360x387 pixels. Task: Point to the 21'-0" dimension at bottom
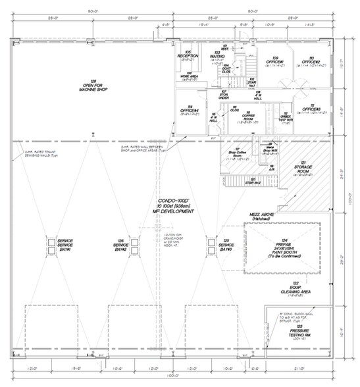pos(300,367)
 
